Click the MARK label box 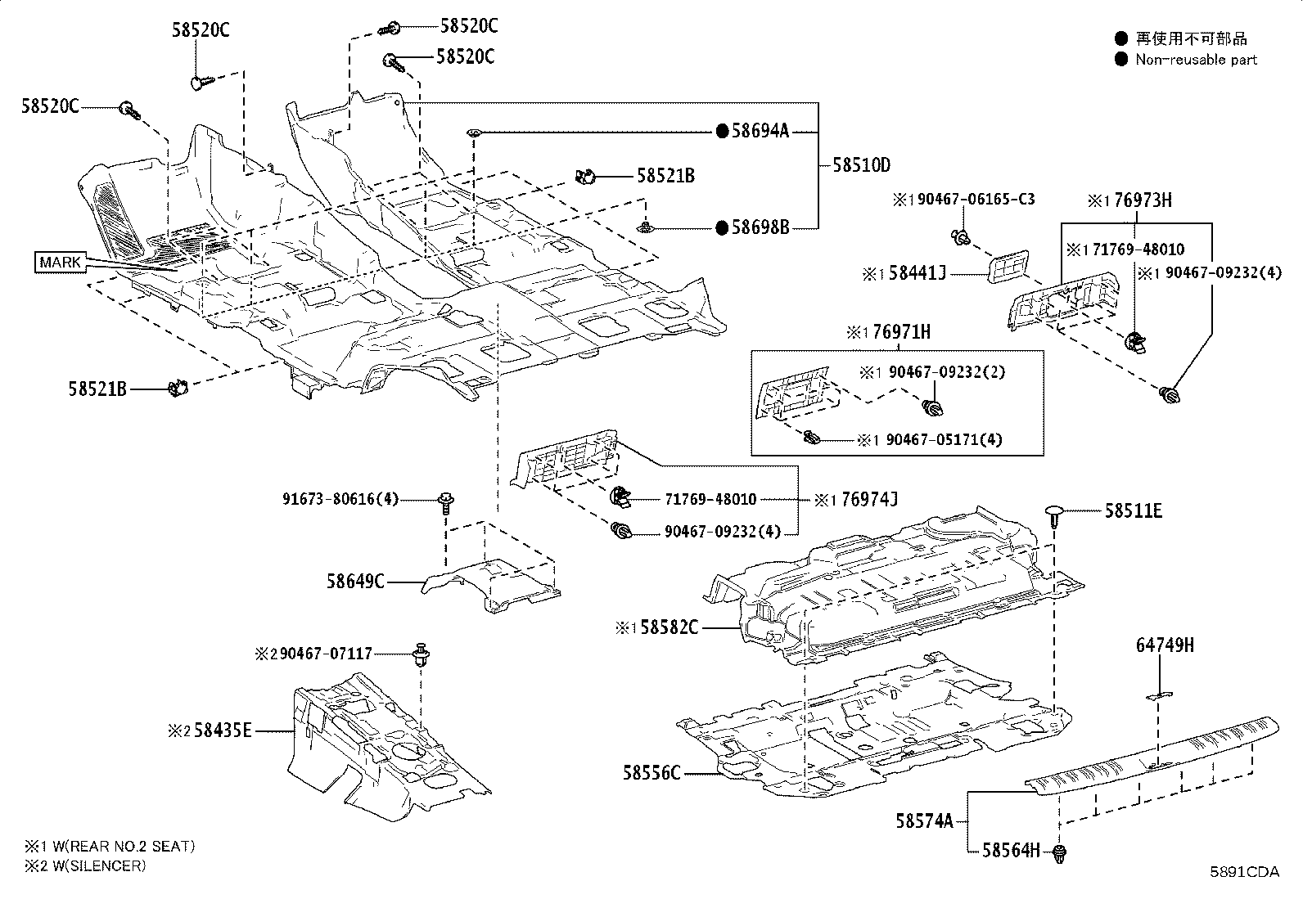point(60,263)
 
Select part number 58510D point(861,164)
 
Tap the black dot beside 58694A point(722,131)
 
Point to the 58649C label point(355,582)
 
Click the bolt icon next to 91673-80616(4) point(446,501)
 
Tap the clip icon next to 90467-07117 point(422,654)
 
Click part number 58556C point(651,772)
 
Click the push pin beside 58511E point(1054,514)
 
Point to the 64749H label point(1165,645)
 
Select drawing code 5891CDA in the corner point(1245,872)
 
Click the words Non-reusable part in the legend point(1195,60)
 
